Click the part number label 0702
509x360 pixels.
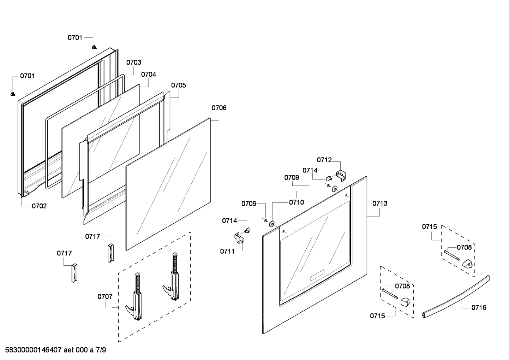point(39,206)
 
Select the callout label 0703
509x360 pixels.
point(134,62)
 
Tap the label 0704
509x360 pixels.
point(148,75)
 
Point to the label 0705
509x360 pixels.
point(179,85)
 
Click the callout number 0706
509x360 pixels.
point(219,108)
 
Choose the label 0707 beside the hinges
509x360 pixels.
point(105,296)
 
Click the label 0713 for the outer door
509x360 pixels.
point(379,203)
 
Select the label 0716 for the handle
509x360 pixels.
point(479,307)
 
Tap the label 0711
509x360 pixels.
point(227,251)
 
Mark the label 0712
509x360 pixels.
point(324,160)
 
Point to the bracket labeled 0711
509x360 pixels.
point(240,238)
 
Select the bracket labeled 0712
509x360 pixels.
point(341,176)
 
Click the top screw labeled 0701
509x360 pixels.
point(94,47)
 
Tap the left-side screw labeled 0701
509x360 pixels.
point(13,94)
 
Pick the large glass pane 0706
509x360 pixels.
point(168,184)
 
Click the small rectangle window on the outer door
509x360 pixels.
point(317,276)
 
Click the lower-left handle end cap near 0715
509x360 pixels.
point(405,302)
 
